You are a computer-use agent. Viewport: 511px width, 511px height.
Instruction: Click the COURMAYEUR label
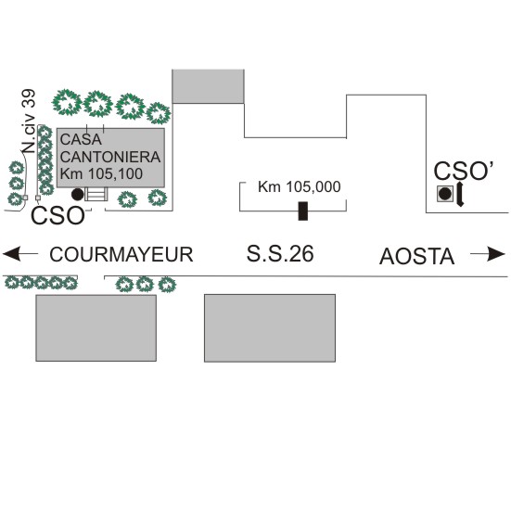pyautogui.click(x=121, y=254)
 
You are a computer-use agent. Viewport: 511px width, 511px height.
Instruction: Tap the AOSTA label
pyautogui.click(x=416, y=257)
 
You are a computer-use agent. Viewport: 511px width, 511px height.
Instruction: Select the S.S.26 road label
pyautogui.click(x=280, y=254)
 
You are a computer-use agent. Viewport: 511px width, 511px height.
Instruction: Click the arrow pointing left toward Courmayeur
pyautogui.click(x=20, y=254)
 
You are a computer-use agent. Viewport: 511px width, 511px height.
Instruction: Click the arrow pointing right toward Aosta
pyautogui.click(x=488, y=254)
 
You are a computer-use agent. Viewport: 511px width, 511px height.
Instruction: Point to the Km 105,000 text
pyautogui.click(x=300, y=187)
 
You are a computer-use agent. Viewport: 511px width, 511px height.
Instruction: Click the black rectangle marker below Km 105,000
pyautogui.click(x=303, y=211)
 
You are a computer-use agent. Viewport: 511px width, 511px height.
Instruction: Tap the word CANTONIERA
pyautogui.click(x=110, y=157)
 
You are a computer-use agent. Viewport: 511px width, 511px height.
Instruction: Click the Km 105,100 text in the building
pyautogui.click(x=101, y=173)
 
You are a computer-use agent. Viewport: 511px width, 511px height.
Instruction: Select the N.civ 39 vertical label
pyautogui.click(x=29, y=121)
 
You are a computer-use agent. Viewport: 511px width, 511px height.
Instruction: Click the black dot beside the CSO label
pyautogui.click(x=77, y=194)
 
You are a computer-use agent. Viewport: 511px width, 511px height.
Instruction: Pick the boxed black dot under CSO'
pyautogui.click(x=445, y=194)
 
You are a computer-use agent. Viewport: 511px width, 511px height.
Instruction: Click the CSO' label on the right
pyautogui.click(x=464, y=171)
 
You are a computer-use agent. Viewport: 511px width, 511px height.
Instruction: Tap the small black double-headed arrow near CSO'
pyautogui.click(x=460, y=194)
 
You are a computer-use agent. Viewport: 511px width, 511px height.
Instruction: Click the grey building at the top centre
pyautogui.click(x=208, y=86)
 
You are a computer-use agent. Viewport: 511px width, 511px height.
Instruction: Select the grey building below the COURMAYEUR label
pyautogui.click(x=96, y=328)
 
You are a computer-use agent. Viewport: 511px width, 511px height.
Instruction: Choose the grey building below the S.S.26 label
pyautogui.click(x=270, y=328)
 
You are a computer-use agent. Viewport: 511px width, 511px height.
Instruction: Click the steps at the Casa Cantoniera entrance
pyautogui.click(x=96, y=194)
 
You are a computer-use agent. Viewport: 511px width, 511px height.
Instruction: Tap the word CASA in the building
pyautogui.click(x=81, y=139)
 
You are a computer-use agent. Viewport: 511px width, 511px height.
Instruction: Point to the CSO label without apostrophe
pyautogui.click(x=57, y=216)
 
